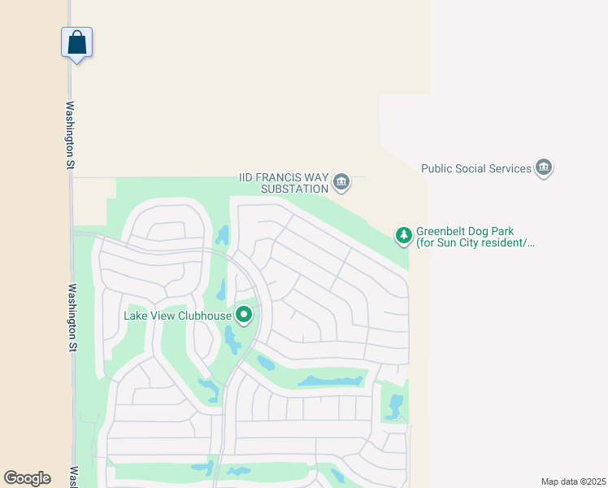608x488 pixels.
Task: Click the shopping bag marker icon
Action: tap(76, 41)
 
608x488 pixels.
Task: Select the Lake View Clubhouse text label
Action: tap(178, 316)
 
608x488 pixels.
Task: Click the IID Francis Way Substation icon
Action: tap(341, 181)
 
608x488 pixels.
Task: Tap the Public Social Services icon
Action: tap(544, 168)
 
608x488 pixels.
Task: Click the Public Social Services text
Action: tap(476, 169)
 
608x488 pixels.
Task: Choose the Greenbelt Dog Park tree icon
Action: tap(403, 236)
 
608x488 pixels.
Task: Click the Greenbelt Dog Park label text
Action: tap(476, 237)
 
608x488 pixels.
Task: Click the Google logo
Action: tap(27, 478)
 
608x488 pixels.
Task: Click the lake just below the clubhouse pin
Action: tap(232, 340)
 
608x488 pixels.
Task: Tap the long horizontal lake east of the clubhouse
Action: tap(329, 380)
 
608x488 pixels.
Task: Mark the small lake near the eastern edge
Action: tap(395, 406)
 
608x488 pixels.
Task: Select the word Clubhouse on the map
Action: tap(206, 316)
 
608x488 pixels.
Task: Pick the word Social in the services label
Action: tap(474, 169)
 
